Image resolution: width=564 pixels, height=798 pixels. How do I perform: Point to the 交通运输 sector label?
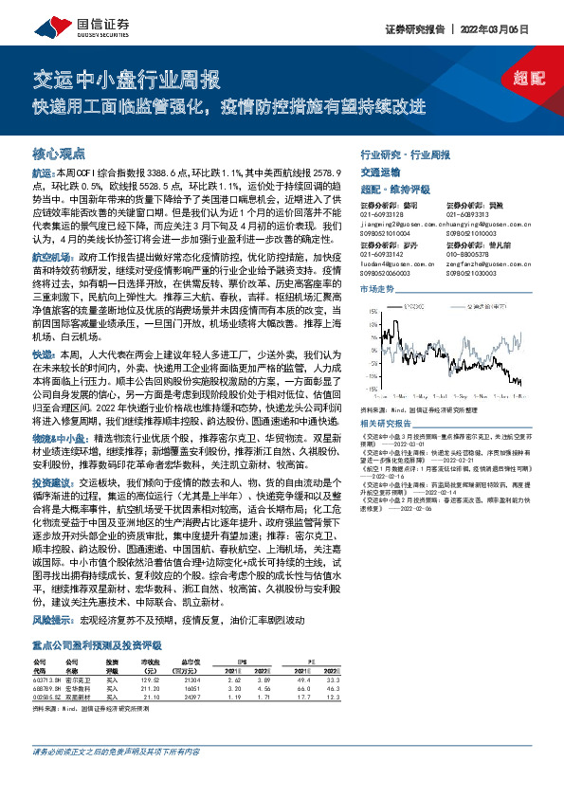pos(380,172)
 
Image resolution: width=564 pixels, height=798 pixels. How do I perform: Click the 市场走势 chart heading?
pos(376,288)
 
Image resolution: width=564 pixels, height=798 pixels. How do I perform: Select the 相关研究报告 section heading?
pos(386,423)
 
